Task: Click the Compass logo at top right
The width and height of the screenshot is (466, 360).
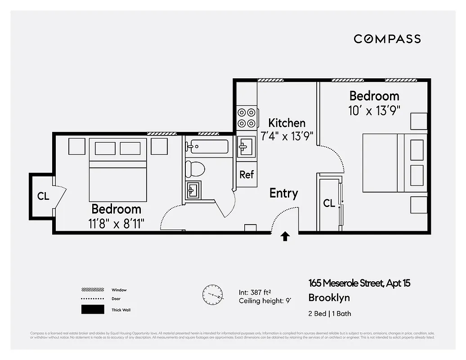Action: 387,39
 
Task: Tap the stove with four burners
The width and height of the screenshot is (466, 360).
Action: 246,117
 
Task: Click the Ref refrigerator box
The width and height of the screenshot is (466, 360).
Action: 246,175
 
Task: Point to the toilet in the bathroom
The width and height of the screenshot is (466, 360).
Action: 195,169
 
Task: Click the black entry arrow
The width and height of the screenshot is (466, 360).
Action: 285,237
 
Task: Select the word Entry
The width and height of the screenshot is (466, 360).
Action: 283,193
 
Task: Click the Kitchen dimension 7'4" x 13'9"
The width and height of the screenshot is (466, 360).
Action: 287,135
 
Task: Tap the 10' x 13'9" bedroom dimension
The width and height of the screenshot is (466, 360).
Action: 374,110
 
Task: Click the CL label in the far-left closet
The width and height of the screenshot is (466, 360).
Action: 43,196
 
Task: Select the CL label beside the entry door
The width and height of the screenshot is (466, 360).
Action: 329,203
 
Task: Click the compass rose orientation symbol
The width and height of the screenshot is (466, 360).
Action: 212,295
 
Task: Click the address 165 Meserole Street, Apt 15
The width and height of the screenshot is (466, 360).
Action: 359,283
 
